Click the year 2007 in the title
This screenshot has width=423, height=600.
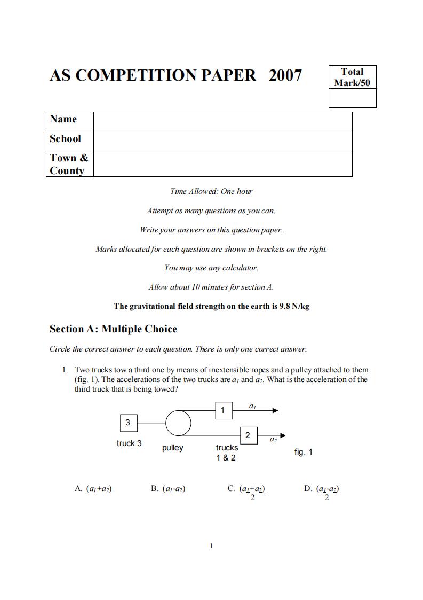point(285,76)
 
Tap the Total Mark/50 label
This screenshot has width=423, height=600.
point(352,77)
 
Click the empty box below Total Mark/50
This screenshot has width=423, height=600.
point(352,98)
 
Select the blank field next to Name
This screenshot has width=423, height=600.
point(222,121)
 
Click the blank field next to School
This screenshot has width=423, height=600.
point(222,141)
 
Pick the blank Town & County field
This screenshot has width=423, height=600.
point(222,163)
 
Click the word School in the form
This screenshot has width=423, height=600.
point(66,139)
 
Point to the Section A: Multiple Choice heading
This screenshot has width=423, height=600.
point(113,329)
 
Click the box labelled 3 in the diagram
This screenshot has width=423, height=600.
point(127,423)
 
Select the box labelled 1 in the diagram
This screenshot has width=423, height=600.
point(223,410)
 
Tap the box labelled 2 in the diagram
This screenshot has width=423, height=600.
point(248,435)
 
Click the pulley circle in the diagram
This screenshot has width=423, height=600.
point(178,423)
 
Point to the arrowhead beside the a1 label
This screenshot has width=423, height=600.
point(275,410)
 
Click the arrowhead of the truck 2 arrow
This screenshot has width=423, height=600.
point(282,435)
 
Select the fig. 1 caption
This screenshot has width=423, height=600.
point(304,452)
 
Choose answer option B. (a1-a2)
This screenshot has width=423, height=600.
point(168,488)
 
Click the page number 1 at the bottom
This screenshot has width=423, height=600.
point(212,546)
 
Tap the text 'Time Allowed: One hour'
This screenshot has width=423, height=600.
point(211,191)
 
